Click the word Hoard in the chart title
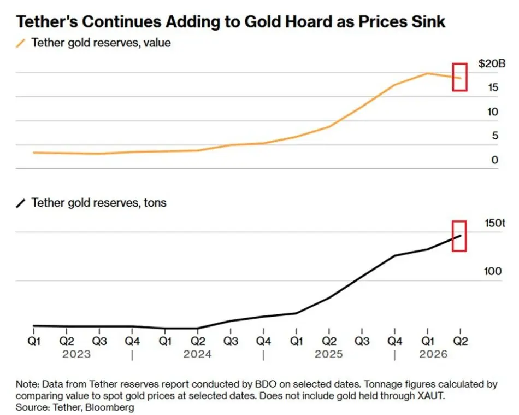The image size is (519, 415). click(x=309, y=22)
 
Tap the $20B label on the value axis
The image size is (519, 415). click(x=492, y=63)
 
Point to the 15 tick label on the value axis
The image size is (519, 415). click(x=493, y=87)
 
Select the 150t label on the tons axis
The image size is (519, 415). click(x=495, y=223)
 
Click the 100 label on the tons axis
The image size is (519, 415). click(x=493, y=271)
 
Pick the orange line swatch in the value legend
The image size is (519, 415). click(x=21, y=43)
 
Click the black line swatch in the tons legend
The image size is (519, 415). click(x=21, y=203)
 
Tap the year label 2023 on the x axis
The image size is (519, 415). click(x=76, y=354)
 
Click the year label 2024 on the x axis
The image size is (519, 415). click(x=198, y=354)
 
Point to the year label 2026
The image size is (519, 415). click(x=433, y=354)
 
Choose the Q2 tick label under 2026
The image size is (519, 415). click(x=461, y=341)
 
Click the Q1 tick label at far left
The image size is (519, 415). click(x=34, y=341)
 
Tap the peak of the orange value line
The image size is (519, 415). click(x=427, y=73)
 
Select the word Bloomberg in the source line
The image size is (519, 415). click(x=110, y=407)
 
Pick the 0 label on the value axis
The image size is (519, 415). click(x=495, y=160)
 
